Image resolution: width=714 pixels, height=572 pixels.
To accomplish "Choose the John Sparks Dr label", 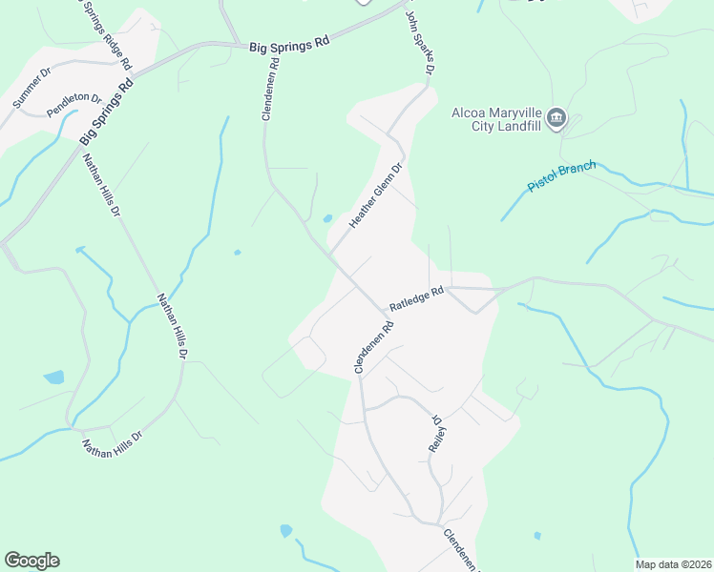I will click(x=421, y=42).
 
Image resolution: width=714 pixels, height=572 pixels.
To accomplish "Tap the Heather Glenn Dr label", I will click(x=376, y=194).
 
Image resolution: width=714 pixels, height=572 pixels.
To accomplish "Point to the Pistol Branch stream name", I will click(x=562, y=176).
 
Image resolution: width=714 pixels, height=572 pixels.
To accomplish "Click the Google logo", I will click(x=31, y=561).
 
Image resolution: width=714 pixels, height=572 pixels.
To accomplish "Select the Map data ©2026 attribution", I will click(x=673, y=564).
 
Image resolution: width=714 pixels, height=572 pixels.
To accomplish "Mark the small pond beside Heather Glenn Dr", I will click(x=327, y=218).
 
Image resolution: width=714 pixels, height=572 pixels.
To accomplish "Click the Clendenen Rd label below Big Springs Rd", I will click(x=270, y=89).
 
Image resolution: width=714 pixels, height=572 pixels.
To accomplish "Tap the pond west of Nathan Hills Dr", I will click(x=53, y=377).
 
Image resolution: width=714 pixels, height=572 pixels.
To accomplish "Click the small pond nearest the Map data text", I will click(x=537, y=536).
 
